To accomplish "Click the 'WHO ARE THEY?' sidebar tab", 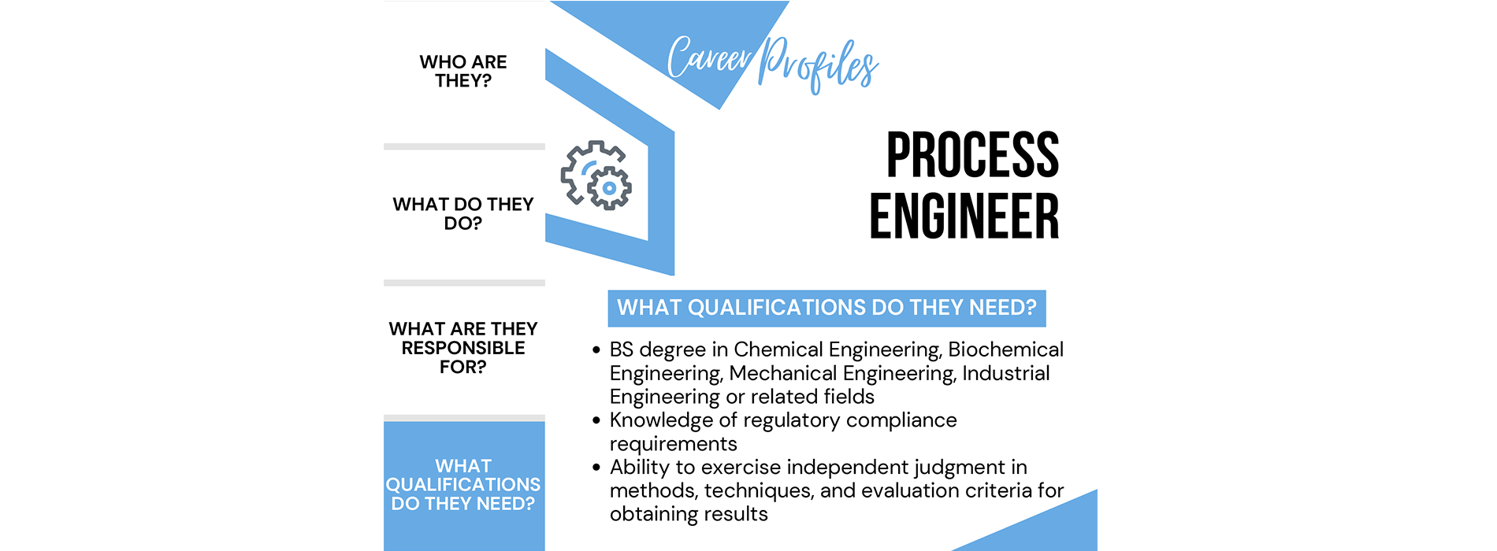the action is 463,72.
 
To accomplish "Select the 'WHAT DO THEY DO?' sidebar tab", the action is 463,214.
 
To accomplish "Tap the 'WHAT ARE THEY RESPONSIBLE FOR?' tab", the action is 463,348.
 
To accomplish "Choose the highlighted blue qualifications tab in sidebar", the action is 463,485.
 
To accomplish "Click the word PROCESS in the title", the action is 972,155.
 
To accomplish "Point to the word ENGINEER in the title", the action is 964,216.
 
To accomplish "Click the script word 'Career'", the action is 710,58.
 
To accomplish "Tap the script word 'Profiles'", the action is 818,64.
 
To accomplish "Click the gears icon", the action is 596,175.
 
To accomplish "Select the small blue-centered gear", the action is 609,188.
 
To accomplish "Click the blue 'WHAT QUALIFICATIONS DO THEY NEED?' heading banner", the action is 827,308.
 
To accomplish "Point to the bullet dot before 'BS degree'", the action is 596,350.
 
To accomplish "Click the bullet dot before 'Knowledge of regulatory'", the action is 596,421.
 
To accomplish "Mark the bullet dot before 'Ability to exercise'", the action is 596,468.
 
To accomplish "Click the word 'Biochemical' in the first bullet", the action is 1005,349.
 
